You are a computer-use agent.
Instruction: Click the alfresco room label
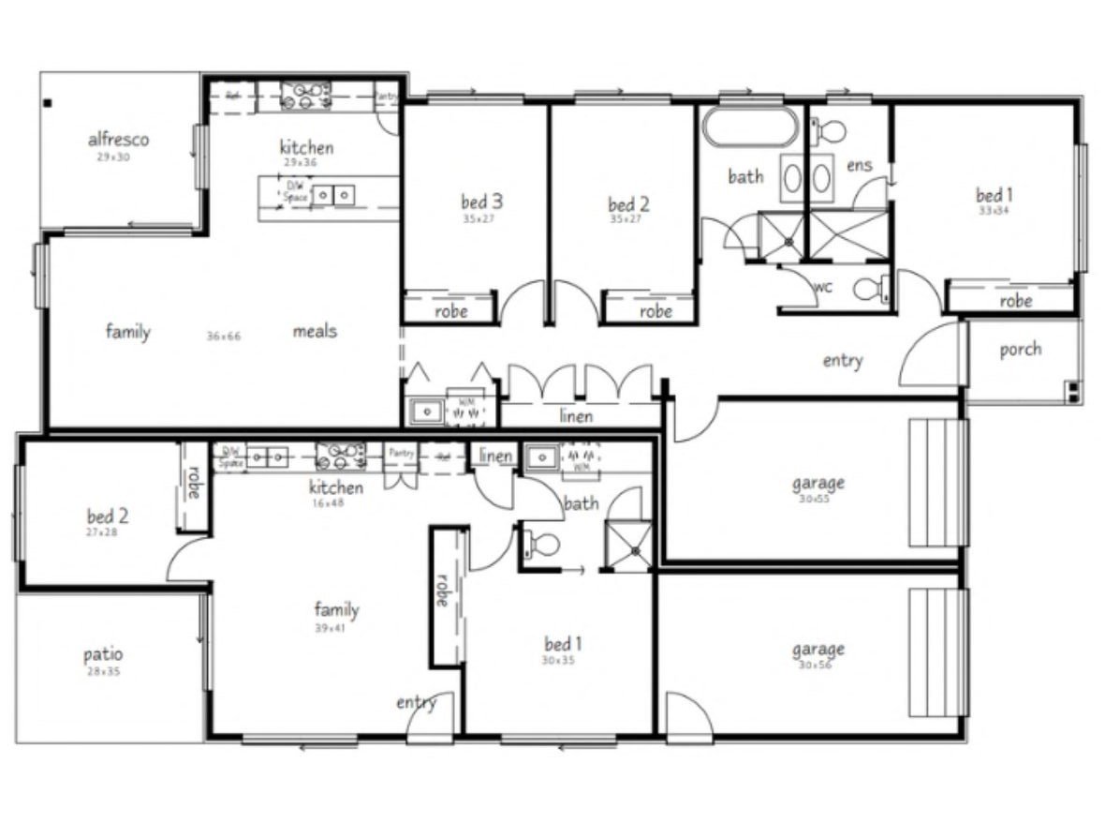118,140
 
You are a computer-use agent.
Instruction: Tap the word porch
1020,349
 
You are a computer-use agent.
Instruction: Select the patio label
102,654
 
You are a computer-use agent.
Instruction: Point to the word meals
315,331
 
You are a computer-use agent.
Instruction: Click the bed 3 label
481,201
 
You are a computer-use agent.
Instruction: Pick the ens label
859,165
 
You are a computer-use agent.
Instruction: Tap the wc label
823,286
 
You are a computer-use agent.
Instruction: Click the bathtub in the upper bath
751,127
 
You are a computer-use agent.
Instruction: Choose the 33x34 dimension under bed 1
994,211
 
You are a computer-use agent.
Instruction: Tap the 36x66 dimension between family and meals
224,336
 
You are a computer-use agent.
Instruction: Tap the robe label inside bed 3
451,311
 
